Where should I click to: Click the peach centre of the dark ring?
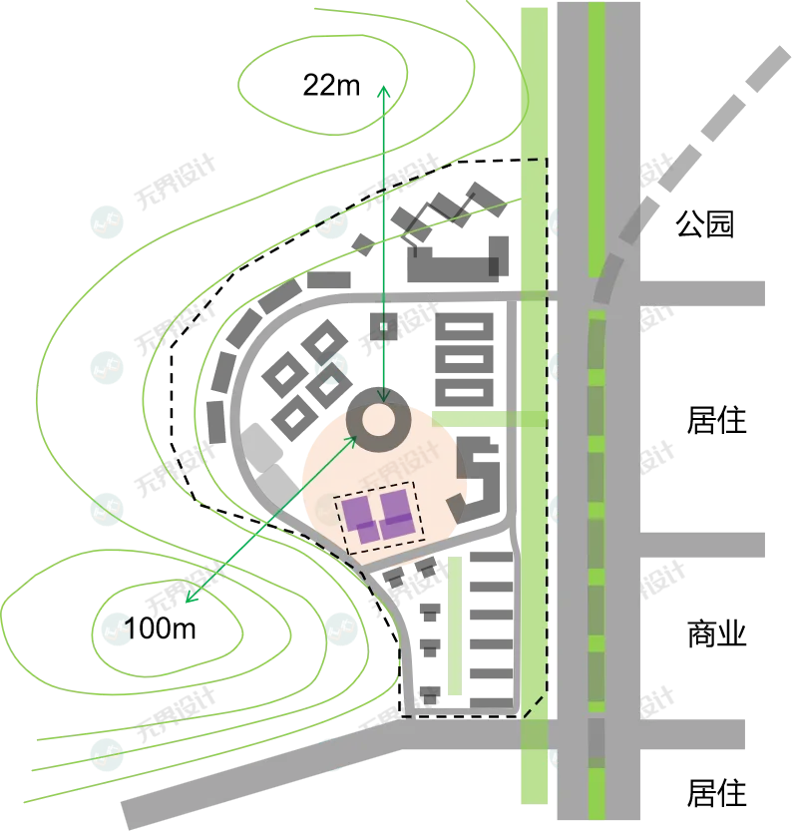click(x=378, y=421)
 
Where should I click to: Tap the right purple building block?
click(x=396, y=511)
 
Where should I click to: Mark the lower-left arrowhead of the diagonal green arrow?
click(x=188, y=601)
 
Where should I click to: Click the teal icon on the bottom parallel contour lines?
click(x=106, y=752)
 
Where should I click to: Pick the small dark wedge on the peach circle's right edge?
click(x=457, y=510)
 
